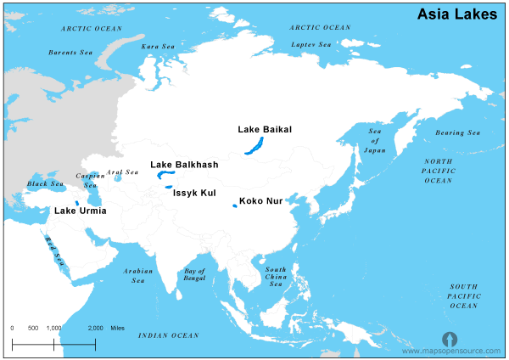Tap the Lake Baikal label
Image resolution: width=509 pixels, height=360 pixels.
[265, 129]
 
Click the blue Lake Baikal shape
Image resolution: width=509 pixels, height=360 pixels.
[254, 145]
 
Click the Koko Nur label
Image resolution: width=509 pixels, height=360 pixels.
[262, 202]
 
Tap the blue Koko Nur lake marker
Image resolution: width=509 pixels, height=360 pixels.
[234, 205]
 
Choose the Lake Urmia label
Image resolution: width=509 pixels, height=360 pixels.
[81, 211]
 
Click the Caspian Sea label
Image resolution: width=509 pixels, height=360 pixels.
[90, 180]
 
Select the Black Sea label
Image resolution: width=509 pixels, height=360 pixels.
[45, 183]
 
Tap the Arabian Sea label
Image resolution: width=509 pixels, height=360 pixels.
[137, 275]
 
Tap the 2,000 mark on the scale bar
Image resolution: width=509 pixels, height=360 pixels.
[95, 328]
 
